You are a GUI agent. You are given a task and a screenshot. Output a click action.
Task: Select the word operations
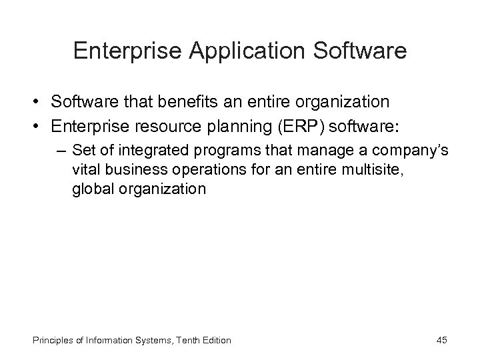tap(189, 169)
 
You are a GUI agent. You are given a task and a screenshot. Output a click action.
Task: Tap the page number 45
tap(442, 341)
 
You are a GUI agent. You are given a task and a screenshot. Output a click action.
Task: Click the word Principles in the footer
tap(49, 341)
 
